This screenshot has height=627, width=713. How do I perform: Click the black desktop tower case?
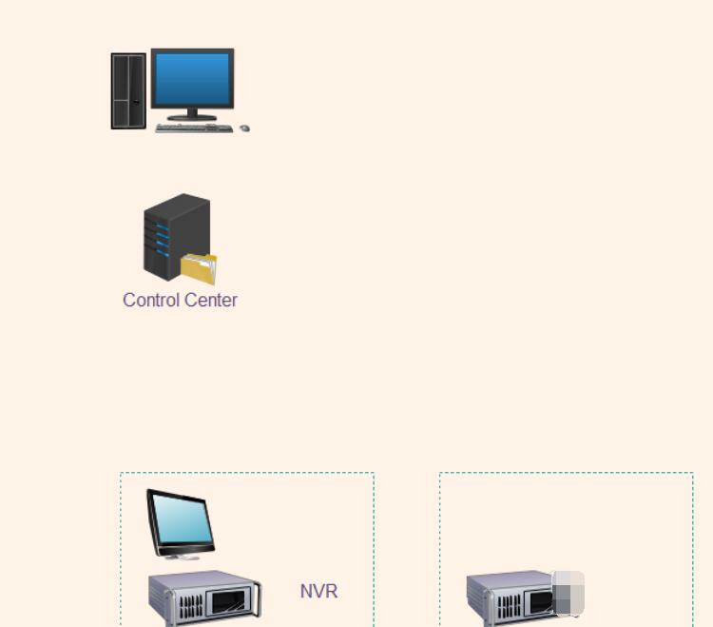point(128,90)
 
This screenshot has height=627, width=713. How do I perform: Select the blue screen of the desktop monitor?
point(192,79)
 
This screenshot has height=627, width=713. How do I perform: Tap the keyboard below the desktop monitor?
point(193,127)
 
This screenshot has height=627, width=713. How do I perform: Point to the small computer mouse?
point(244,127)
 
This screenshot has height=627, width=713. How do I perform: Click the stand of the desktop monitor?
point(192,115)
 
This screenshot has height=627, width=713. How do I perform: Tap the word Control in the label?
point(150,300)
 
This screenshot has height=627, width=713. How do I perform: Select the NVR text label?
point(318,591)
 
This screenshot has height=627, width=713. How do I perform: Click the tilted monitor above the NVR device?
point(180,521)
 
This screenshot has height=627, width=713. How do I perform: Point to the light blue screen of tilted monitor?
point(181,518)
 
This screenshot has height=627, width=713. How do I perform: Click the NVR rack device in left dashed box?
point(204,599)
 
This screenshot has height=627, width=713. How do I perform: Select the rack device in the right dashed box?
point(513,599)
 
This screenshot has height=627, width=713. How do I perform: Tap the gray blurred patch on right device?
point(568,594)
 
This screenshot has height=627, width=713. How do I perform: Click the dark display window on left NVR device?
point(231,603)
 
